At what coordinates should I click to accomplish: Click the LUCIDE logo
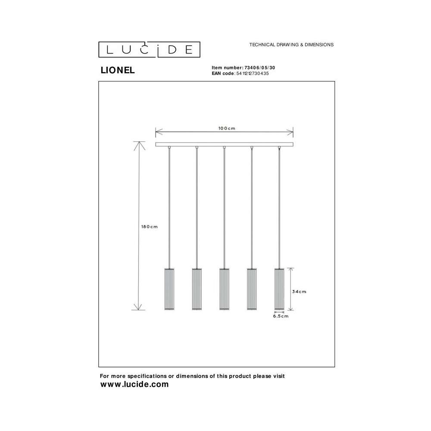[x=149, y=50]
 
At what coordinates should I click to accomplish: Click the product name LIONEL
[x=118, y=70]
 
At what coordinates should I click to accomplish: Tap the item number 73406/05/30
[x=259, y=68]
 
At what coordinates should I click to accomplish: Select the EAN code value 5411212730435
[x=253, y=73]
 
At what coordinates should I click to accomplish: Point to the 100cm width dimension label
[x=227, y=128]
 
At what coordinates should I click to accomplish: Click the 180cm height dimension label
[x=150, y=227]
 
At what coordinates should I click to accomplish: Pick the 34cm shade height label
[x=299, y=291]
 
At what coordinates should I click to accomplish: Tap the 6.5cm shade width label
[x=281, y=316]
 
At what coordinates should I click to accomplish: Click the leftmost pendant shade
[x=169, y=289]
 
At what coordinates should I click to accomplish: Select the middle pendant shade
[x=224, y=289]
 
